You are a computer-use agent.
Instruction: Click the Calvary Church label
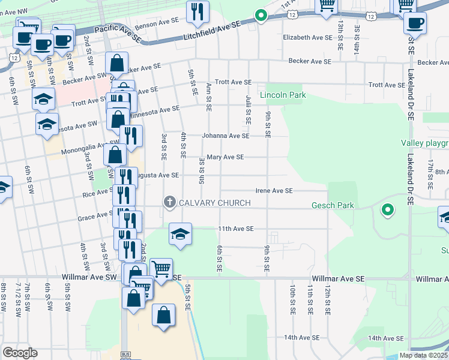(x=215, y=203)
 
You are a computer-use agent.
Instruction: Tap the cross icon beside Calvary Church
(x=170, y=203)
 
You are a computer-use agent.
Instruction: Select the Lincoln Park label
(x=283, y=95)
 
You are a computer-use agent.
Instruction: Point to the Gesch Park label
(x=332, y=206)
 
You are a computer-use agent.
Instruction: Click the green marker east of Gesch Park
(x=388, y=210)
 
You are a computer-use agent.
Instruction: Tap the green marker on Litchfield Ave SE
(x=261, y=16)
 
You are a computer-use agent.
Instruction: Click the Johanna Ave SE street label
(x=225, y=136)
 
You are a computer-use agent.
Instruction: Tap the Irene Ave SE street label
(x=274, y=190)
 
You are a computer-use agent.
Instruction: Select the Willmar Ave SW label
(x=89, y=277)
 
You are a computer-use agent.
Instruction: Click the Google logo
(x=20, y=353)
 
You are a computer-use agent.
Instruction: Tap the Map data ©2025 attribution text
(x=423, y=355)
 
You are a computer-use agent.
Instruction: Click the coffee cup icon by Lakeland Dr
(x=414, y=23)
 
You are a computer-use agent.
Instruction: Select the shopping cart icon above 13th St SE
(x=327, y=5)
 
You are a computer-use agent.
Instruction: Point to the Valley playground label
(x=425, y=143)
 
